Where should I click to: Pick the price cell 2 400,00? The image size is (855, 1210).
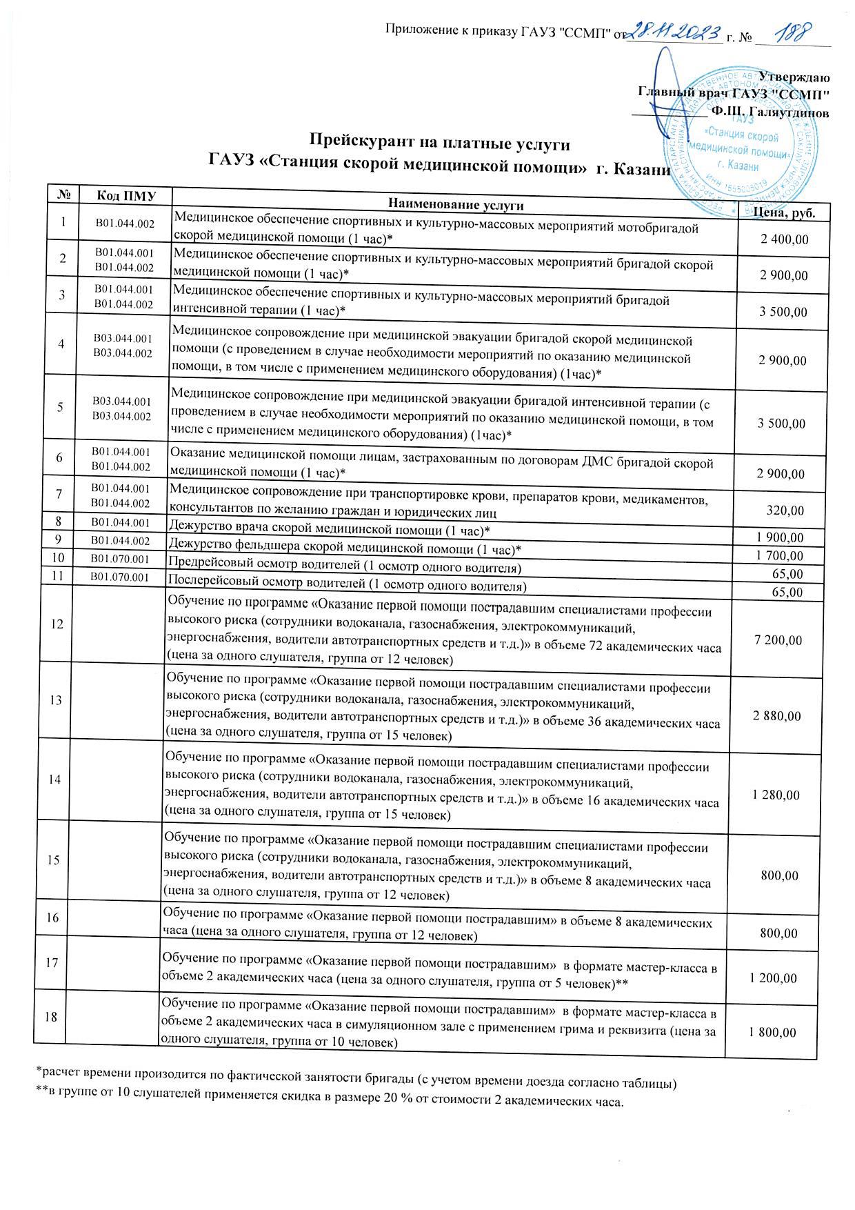(x=783, y=239)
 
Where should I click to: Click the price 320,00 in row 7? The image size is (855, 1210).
(x=786, y=511)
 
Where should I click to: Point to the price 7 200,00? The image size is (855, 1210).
(x=778, y=640)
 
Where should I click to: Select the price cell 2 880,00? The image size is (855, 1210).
(x=778, y=716)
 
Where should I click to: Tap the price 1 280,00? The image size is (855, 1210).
(x=776, y=795)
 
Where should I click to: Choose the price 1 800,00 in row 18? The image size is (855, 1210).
(x=772, y=1033)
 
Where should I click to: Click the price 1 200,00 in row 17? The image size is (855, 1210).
(x=773, y=979)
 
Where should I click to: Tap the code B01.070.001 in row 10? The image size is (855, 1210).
(x=121, y=557)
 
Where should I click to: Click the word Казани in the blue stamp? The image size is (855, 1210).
(x=743, y=166)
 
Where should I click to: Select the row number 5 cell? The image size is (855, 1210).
(x=61, y=407)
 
